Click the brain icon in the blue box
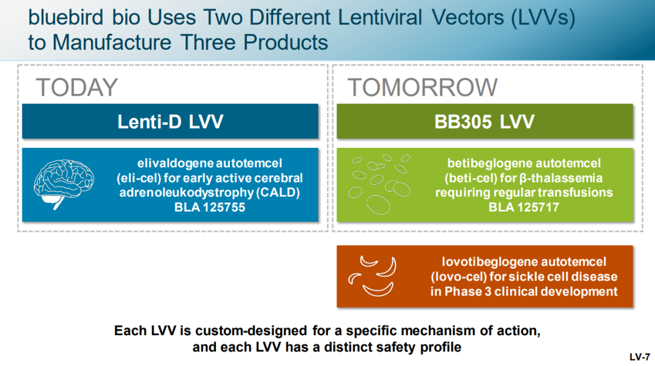64,184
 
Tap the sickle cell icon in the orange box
372,276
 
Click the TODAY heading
77,87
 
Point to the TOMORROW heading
422,87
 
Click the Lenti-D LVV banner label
170,122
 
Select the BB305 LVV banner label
485,122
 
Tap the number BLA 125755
210,207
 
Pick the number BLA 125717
524,207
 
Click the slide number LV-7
640,358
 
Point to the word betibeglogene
485,163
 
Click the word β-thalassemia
562,178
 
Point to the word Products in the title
286,42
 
